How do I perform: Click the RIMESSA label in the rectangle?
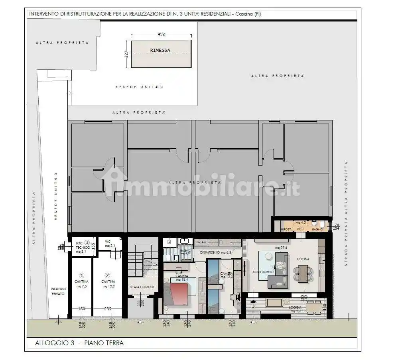click(x=160, y=50)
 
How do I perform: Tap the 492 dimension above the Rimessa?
click(x=161, y=34)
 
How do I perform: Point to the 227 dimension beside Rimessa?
click(x=126, y=54)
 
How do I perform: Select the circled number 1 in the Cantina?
click(x=81, y=275)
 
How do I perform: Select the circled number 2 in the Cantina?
click(x=107, y=275)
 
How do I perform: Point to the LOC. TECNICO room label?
click(x=81, y=247)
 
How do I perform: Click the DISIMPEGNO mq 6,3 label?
click(x=216, y=252)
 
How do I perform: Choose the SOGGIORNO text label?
click(x=263, y=271)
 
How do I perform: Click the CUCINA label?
click(x=303, y=259)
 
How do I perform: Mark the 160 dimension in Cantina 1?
click(x=81, y=309)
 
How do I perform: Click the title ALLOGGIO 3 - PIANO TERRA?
click(x=79, y=343)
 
